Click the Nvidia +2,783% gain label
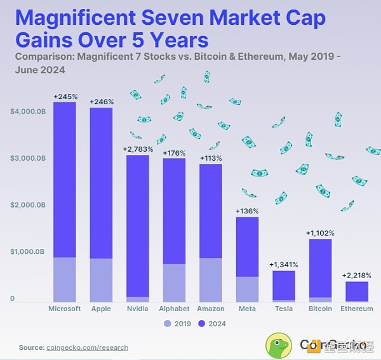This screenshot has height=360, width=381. click(137, 149)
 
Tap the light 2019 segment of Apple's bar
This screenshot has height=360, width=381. click(101, 280)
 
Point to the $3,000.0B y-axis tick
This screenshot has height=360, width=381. click(27, 158)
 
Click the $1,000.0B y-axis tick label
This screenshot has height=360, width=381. click(27, 252)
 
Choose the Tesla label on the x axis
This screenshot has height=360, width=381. click(284, 309)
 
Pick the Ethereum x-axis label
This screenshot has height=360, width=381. click(357, 309)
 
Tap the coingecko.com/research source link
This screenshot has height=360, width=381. click(87, 347)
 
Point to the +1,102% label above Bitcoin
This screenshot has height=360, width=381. click(320, 233)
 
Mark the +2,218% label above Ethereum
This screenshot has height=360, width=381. click(356, 276)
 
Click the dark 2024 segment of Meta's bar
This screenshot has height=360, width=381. click(247, 246)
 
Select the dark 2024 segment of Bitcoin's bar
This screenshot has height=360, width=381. click(320, 267)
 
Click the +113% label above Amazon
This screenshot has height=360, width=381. click(211, 158)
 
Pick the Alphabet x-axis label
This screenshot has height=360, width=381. click(174, 309)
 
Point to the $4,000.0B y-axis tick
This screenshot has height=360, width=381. click(27, 112)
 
